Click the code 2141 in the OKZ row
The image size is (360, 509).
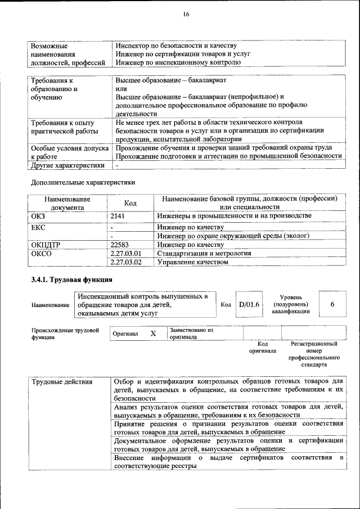118,217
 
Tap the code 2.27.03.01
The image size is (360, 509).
126,254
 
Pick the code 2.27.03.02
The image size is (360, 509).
126,263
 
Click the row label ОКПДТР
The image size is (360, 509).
47,245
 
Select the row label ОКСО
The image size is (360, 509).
42,254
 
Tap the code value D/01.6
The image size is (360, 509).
248,304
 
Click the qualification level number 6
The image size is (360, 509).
332,304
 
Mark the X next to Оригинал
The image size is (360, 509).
153,334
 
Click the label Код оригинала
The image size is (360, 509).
262,347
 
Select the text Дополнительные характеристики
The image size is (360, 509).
83,182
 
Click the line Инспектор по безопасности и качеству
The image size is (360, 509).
175,46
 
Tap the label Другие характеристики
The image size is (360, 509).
68,166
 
